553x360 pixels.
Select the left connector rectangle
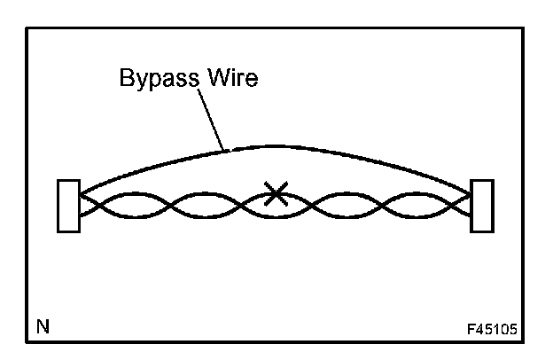tap(68, 206)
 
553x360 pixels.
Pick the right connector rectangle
tap(482, 206)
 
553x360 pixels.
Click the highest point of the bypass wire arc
tap(275, 145)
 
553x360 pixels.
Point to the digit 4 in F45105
tap(483, 332)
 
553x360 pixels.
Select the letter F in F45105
tap(473, 332)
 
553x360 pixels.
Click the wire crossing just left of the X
tap(229, 206)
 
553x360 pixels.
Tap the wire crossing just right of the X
tap(324, 206)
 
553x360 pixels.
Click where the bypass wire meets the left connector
tap(81, 192)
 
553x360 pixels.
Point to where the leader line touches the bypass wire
tap(227, 150)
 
